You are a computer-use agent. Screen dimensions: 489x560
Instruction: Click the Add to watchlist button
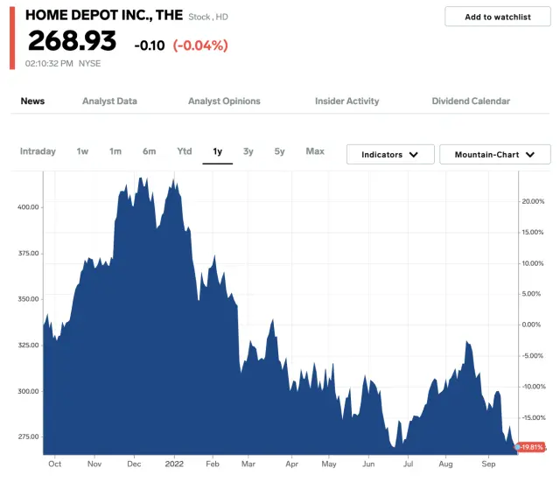point(498,17)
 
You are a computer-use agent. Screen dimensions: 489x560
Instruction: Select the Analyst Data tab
point(109,101)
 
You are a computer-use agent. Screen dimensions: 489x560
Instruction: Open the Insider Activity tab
point(346,101)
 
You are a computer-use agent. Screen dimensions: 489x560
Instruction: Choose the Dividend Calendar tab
point(471,101)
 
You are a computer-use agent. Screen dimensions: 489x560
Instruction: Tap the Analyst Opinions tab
point(224,101)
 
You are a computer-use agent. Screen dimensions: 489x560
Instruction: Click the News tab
point(32,101)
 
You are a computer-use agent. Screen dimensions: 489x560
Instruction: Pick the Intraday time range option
point(38,151)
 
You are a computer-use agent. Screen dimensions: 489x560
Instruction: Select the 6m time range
point(149,151)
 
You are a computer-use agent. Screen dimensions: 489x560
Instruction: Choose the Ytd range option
point(184,151)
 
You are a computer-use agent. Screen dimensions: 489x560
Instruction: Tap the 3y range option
point(248,151)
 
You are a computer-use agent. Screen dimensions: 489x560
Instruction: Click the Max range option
point(315,151)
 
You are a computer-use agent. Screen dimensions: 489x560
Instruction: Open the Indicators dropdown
point(390,155)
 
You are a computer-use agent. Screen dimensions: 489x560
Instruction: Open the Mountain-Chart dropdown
point(494,155)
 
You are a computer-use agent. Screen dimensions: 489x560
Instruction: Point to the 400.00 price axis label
point(27,207)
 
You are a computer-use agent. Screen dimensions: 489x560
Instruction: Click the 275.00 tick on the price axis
point(27,437)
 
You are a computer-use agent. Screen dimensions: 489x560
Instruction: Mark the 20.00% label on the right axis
point(533,201)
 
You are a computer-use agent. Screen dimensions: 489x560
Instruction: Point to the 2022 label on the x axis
point(174,464)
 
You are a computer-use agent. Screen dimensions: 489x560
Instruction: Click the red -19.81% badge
point(531,447)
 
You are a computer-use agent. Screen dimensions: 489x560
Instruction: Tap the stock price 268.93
point(72,41)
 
